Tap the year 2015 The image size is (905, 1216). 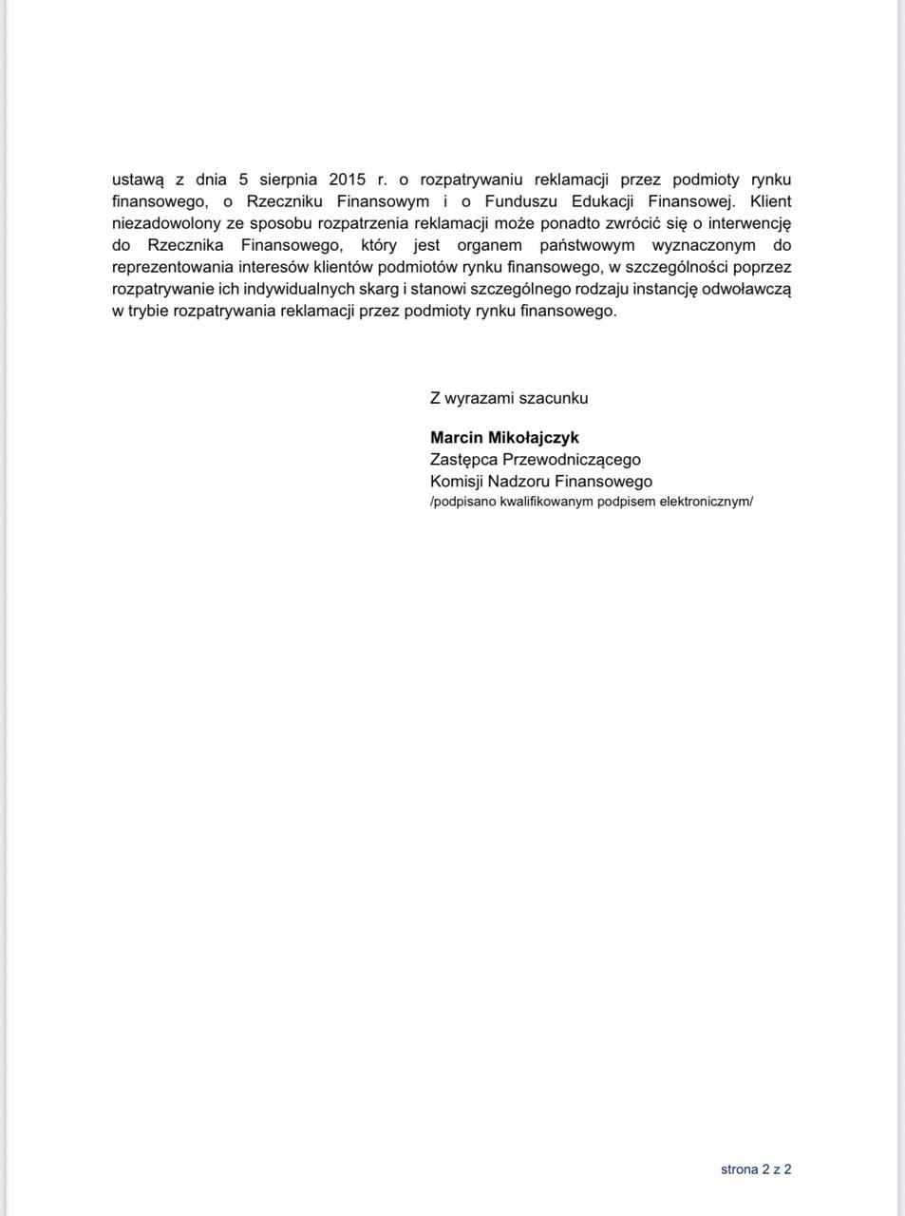point(347,180)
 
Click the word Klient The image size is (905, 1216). point(770,201)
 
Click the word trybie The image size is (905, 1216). point(149,311)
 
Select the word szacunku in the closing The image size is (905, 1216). point(556,398)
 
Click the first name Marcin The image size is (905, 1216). point(456,438)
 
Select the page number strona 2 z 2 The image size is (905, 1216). point(756,1169)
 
